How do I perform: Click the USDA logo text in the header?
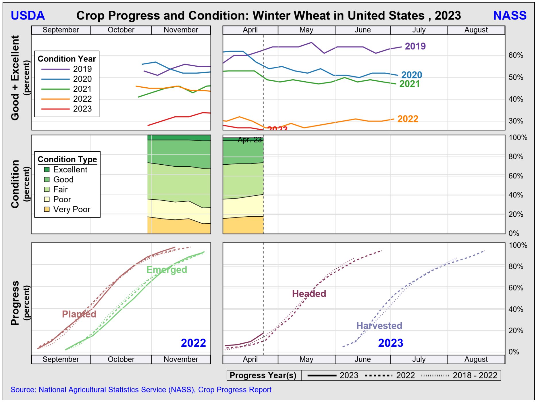pos(28,16)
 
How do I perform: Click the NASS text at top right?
pos(510,16)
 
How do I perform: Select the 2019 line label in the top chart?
pos(415,46)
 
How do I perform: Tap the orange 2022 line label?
pos(408,119)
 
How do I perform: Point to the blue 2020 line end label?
pos(411,75)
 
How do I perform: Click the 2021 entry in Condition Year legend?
pos(82,89)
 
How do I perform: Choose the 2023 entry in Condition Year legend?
pos(82,109)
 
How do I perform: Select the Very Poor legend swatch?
pos(47,209)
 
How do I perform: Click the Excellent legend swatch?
pos(47,170)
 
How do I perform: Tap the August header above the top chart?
pos(476,30)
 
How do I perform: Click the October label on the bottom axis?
pos(121,359)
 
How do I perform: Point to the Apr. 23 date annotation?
pos(250,140)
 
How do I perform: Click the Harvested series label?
pos(379,326)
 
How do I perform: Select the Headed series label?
pos(309,294)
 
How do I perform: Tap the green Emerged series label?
pos(167,270)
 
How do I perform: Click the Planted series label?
pos(79,314)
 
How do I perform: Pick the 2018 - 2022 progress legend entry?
pos(475,376)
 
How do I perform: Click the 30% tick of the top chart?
pos(516,121)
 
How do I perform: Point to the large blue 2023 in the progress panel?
pos(390,343)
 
